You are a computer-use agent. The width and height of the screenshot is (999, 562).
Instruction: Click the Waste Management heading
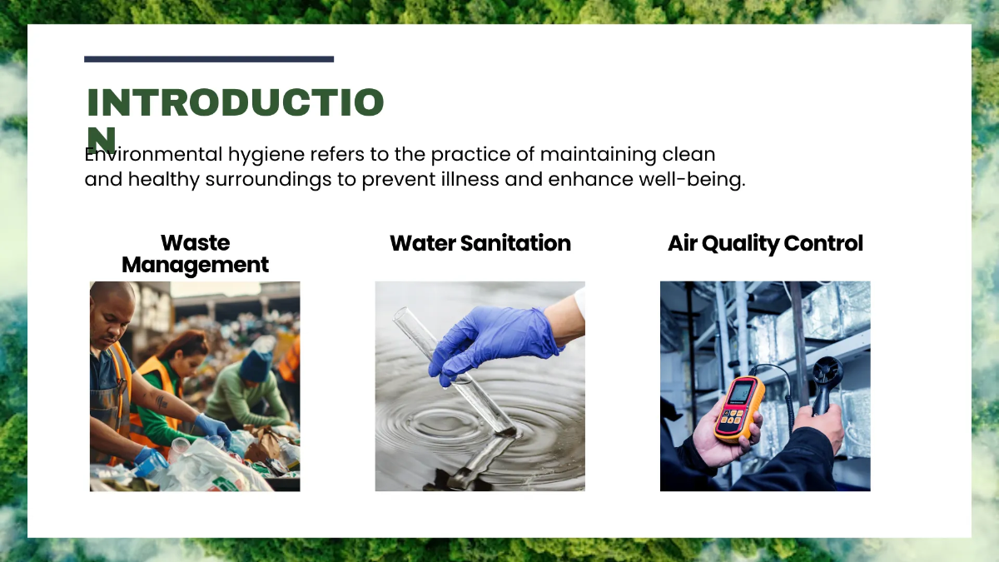click(195, 254)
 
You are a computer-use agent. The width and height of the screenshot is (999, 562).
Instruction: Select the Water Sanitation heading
click(480, 243)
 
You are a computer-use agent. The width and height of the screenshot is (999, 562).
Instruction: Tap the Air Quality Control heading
click(765, 243)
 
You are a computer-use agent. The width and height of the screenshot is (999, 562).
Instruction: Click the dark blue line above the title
click(209, 59)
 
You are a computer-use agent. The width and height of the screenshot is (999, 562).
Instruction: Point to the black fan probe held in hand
click(827, 379)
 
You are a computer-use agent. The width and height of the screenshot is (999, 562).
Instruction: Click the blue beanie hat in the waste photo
click(256, 365)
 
